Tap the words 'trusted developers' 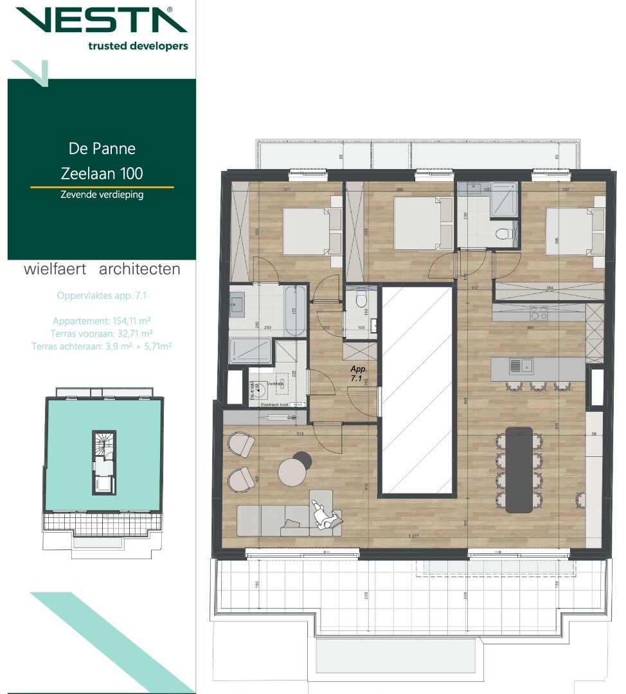click(138, 46)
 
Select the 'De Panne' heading click(102, 148)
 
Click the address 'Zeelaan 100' click(102, 173)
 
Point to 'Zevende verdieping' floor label click(102, 195)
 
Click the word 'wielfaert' click(55, 269)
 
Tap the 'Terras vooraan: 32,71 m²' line click(102, 334)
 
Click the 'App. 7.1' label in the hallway click(358, 374)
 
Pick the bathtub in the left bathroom click(295, 311)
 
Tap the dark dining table click(519, 469)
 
